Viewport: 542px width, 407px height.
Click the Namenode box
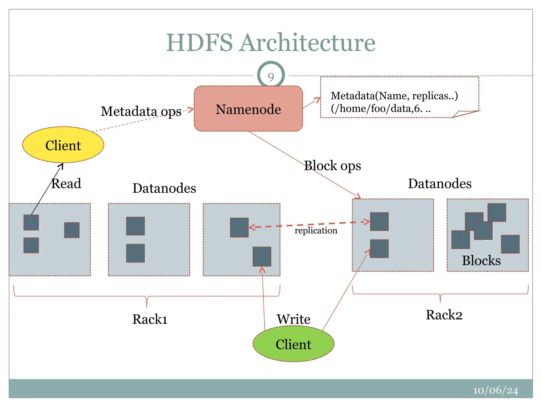[x=248, y=109]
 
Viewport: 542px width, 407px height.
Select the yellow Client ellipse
[x=63, y=145]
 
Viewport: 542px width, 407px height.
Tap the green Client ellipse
[x=293, y=344]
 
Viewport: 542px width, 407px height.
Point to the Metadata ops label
[x=141, y=111]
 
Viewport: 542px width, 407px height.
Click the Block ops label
[x=332, y=166]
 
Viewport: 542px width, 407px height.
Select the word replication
[x=316, y=230]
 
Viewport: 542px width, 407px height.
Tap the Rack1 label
[x=150, y=319]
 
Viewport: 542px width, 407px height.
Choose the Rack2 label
[x=444, y=315]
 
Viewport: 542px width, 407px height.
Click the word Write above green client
[x=293, y=319]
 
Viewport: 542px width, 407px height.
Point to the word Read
[x=66, y=183]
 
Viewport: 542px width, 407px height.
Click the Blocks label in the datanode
[x=481, y=260]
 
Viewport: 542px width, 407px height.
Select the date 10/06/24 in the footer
[x=495, y=391]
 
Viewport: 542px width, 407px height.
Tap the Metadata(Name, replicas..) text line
[x=394, y=96]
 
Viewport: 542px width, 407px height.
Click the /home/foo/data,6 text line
[x=381, y=108]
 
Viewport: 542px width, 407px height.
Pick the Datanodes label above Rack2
[x=440, y=183]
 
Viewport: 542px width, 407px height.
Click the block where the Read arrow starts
[x=31, y=223]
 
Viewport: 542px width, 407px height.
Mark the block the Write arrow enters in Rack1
[x=262, y=256]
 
